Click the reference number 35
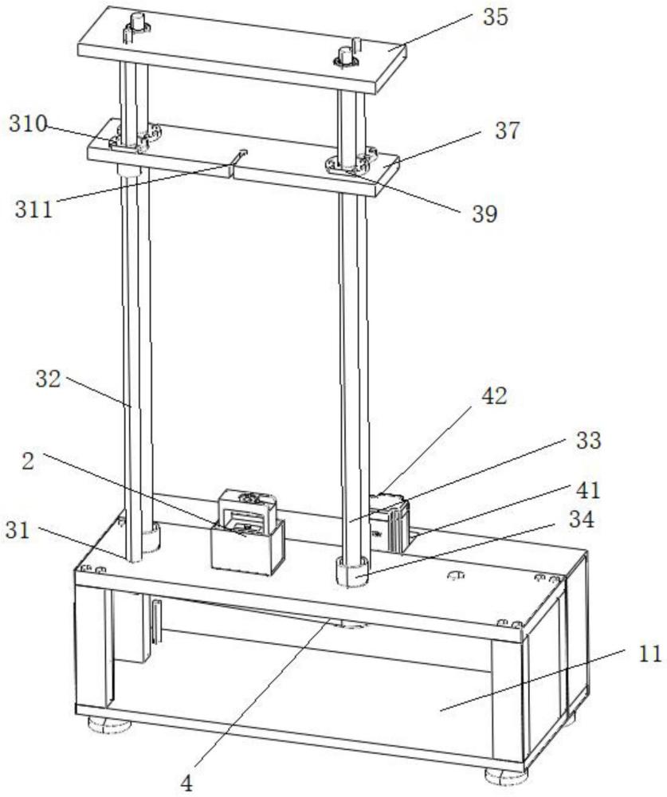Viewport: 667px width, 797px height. click(x=495, y=18)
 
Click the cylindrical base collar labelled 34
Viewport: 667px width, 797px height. click(x=353, y=572)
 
